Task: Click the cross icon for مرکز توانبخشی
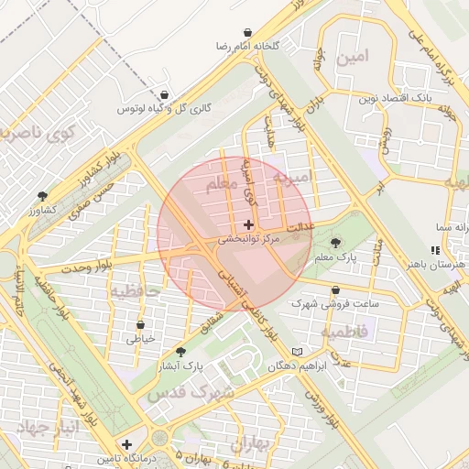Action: [x=249, y=224]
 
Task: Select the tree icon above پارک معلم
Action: [x=335, y=244]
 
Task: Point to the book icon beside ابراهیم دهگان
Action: [x=295, y=352]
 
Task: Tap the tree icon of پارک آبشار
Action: [x=180, y=351]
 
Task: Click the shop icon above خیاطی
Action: [x=140, y=324]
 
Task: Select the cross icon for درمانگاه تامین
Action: [x=126, y=444]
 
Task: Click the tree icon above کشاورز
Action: [x=42, y=196]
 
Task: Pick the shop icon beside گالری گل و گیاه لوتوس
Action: [x=164, y=94]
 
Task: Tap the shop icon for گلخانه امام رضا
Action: [x=248, y=32]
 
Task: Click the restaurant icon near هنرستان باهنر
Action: [x=436, y=249]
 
